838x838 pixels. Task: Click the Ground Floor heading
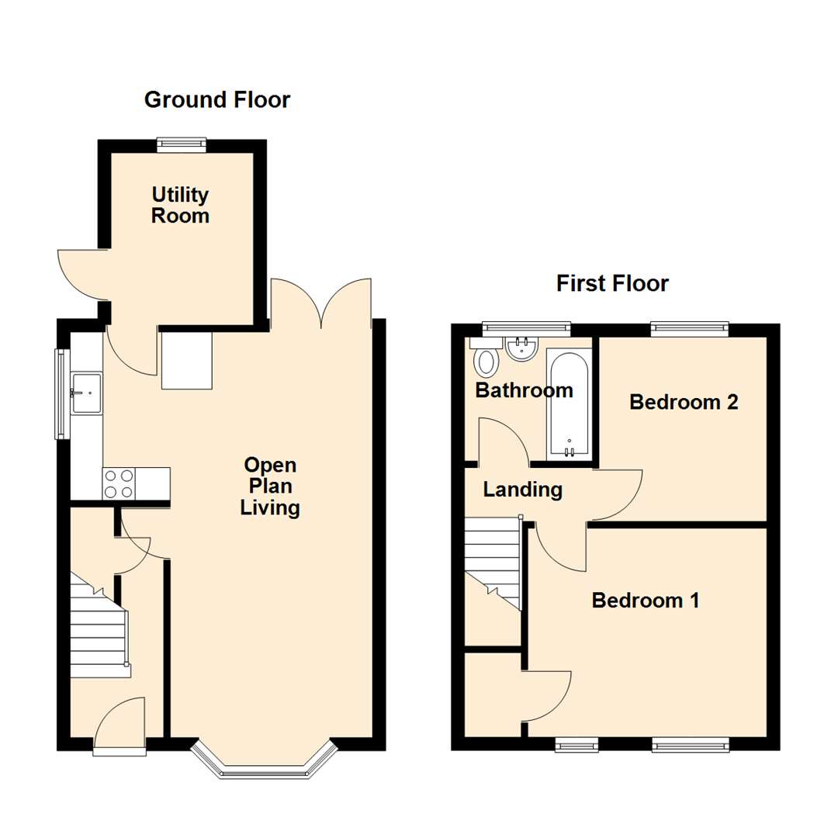(217, 100)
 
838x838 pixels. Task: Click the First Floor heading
(612, 284)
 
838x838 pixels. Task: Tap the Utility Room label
(181, 205)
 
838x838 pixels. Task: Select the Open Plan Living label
(270, 487)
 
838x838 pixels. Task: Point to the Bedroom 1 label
(646, 601)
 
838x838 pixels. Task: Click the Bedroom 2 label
(683, 403)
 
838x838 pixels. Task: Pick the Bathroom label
(524, 390)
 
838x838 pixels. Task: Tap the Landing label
(522, 490)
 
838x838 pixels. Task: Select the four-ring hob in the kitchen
(119, 483)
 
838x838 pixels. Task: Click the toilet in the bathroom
(487, 361)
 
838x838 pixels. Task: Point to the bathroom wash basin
(522, 348)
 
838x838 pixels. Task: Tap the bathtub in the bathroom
(570, 403)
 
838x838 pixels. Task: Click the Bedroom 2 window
(690, 328)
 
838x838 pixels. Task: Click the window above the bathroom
(526, 328)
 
